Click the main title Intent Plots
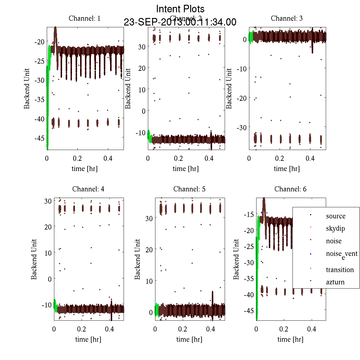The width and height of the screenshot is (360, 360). pyautogui.click(x=180, y=9)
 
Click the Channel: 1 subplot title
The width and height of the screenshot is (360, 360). pyautogui.click(x=85, y=18)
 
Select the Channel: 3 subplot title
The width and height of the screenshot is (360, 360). pyautogui.click(x=286, y=18)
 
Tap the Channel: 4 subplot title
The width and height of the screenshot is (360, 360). pyautogui.click(x=88, y=189)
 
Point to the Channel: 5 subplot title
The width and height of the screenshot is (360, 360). pyautogui.click(x=189, y=189)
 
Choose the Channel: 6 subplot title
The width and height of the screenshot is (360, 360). pyautogui.click(x=290, y=189)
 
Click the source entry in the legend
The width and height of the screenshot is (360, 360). pyautogui.click(x=335, y=216)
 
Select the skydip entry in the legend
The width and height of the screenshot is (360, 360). pyautogui.click(x=335, y=228)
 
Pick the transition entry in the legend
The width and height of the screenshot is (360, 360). pyautogui.click(x=340, y=270)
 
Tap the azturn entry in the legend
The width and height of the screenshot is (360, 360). pyautogui.click(x=335, y=282)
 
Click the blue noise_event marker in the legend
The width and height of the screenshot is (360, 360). pyautogui.click(x=310, y=254)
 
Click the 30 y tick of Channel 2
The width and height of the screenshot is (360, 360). pyautogui.click(x=142, y=47)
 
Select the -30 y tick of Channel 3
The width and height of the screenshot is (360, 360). pyautogui.click(x=242, y=127)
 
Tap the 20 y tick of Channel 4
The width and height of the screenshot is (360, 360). pyautogui.click(x=48, y=227)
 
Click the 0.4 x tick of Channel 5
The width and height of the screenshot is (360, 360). pyautogui.click(x=211, y=329)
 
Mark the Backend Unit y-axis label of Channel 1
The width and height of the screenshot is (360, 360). pyautogui.click(x=27, y=88)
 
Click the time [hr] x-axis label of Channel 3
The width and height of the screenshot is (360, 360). pyautogui.click(x=286, y=169)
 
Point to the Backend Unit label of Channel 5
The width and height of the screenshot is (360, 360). pyautogui.click(x=138, y=259)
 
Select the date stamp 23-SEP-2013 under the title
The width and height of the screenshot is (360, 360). pyautogui.click(x=180, y=22)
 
